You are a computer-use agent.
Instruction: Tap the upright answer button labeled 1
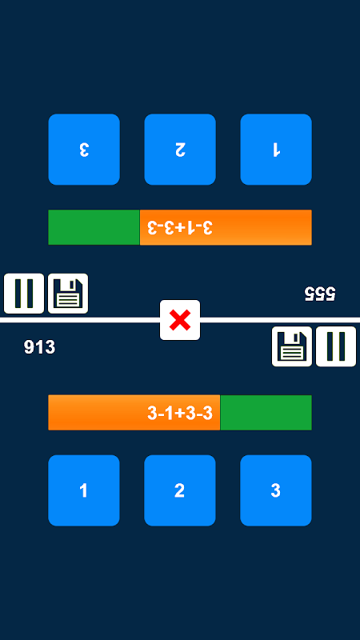pyautogui.click(x=84, y=490)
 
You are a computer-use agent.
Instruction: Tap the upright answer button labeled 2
pyautogui.click(x=179, y=490)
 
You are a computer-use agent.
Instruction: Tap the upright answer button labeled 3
pyautogui.click(x=276, y=490)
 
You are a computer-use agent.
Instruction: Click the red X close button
pyautogui.click(x=180, y=320)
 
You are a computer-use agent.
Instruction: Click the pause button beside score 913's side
pyautogui.click(x=336, y=346)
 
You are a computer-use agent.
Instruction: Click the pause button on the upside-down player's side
pyautogui.click(x=24, y=294)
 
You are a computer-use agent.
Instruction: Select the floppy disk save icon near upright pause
pyautogui.click(x=292, y=346)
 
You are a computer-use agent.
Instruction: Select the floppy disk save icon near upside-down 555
pyautogui.click(x=68, y=294)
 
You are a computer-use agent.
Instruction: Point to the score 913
pyautogui.click(x=39, y=347)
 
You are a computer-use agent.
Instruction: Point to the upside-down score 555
pyautogui.click(x=320, y=294)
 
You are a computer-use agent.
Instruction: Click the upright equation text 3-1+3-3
pyautogui.click(x=180, y=414)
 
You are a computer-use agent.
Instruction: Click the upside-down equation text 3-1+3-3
pyautogui.click(x=180, y=227)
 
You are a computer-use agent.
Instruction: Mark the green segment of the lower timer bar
pyautogui.click(x=266, y=412)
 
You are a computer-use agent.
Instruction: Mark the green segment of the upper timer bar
pyautogui.click(x=94, y=227)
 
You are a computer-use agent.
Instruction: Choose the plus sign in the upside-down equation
pyautogui.click(x=180, y=227)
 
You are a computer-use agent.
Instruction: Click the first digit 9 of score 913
pyautogui.click(x=29, y=347)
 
